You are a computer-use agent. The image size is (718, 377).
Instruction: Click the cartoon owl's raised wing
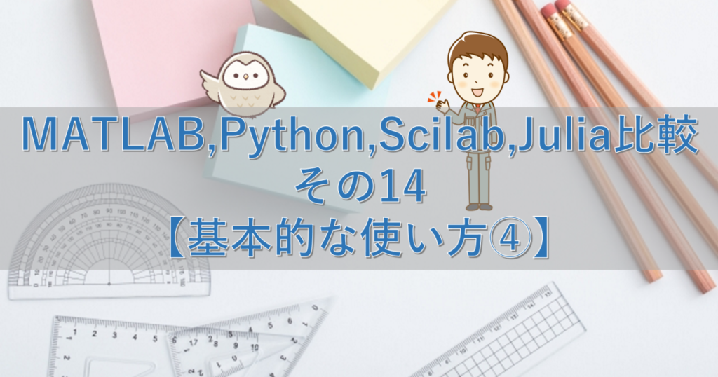point(211,81)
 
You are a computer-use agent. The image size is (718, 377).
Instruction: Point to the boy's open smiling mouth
point(477,90)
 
